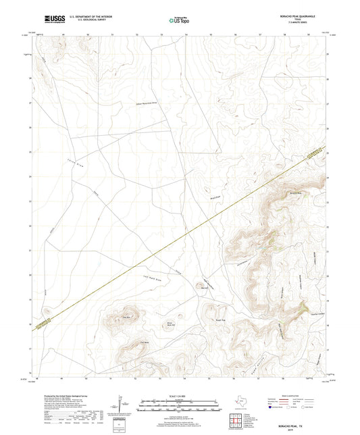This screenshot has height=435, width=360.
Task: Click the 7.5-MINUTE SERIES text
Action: (x=298, y=24)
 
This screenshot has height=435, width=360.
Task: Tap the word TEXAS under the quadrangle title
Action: (x=298, y=20)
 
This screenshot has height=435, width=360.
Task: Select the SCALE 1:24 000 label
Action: (x=179, y=395)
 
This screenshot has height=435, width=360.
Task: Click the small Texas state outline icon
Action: (x=238, y=403)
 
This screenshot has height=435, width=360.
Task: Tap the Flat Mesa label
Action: (x=143, y=342)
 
